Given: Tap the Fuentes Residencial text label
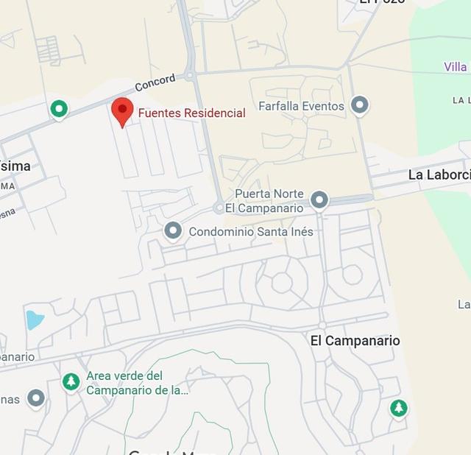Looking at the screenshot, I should tap(191, 113).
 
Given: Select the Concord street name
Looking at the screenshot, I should tap(155, 80).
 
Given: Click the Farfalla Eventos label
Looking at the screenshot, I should tap(301, 106).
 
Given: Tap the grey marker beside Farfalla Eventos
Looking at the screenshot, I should tap(359, 106).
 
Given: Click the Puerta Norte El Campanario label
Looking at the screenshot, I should tap(269, 201).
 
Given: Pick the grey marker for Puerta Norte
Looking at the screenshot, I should tap(319, 200).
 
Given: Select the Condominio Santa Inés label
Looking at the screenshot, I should tap(251, 232).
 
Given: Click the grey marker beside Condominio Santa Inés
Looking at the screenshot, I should tap(173, 231).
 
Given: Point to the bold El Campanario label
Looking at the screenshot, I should tap(355, 341).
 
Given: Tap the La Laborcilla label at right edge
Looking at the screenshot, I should tap(439, 175).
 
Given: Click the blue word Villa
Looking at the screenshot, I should tap(456, 67).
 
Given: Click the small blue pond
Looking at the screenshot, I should tap(34, 320).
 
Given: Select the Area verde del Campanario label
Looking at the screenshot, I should tap(137, 383).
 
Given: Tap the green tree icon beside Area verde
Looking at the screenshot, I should tap(71, 381).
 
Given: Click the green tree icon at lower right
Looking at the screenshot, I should tap(399, 408).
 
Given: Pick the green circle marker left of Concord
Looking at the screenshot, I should tap(59, 110).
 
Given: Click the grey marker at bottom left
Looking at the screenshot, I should tap(36, 399).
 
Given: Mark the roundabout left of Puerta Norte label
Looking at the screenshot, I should tap(219, 208).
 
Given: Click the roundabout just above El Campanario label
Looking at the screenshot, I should tap(322, 325).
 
